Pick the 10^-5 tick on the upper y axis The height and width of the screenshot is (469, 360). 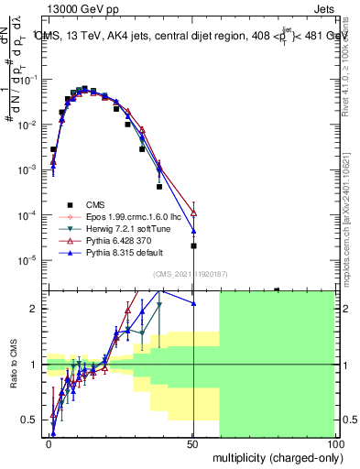30,260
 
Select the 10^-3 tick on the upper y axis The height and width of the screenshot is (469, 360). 30,169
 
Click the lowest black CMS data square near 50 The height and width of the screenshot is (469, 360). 193,245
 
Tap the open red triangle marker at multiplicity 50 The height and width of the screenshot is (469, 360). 193,213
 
